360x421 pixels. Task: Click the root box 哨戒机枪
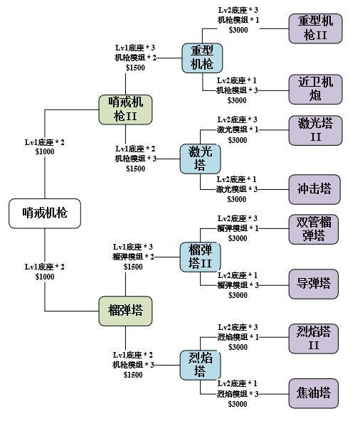[x=44, y=213]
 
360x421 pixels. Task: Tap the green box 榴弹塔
[x=125, y=309]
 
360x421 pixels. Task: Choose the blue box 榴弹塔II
[x=201, y=257]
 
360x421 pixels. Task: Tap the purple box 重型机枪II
[x=314, y=28]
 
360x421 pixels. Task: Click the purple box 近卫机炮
[x=314, y=88]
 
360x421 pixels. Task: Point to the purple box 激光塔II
[x=314, y=130]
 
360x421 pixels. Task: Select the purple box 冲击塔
[x=314, y=188]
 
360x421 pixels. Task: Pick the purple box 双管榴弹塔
[x=314, y=228]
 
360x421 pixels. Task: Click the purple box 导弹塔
[x=314, y=283]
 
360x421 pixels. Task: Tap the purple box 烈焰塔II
[x=314, y=338]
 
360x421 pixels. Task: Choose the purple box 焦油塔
[x=314, y=392]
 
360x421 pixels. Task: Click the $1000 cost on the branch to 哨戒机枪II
[x=45, y=152]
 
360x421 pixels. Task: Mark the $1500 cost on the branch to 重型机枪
[x=135, y=67]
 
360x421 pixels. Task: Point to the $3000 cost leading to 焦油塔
[x=238, y=404]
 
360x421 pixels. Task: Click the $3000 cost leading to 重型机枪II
[x=238, y=30]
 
